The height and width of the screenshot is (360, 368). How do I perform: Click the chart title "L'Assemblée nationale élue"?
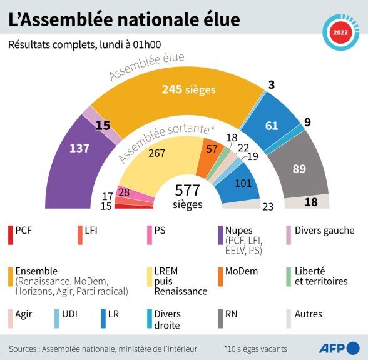coord(123,19)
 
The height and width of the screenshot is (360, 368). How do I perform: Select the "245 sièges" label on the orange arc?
coord(188,89)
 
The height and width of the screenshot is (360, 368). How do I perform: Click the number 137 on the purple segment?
coord(79,148)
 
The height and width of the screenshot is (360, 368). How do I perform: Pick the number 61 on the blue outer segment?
coord(272,126)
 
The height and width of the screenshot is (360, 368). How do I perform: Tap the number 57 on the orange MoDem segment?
coord(212,148)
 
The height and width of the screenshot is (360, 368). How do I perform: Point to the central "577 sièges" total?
coord(188,196)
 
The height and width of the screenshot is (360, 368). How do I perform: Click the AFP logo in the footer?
coord(340,347)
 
